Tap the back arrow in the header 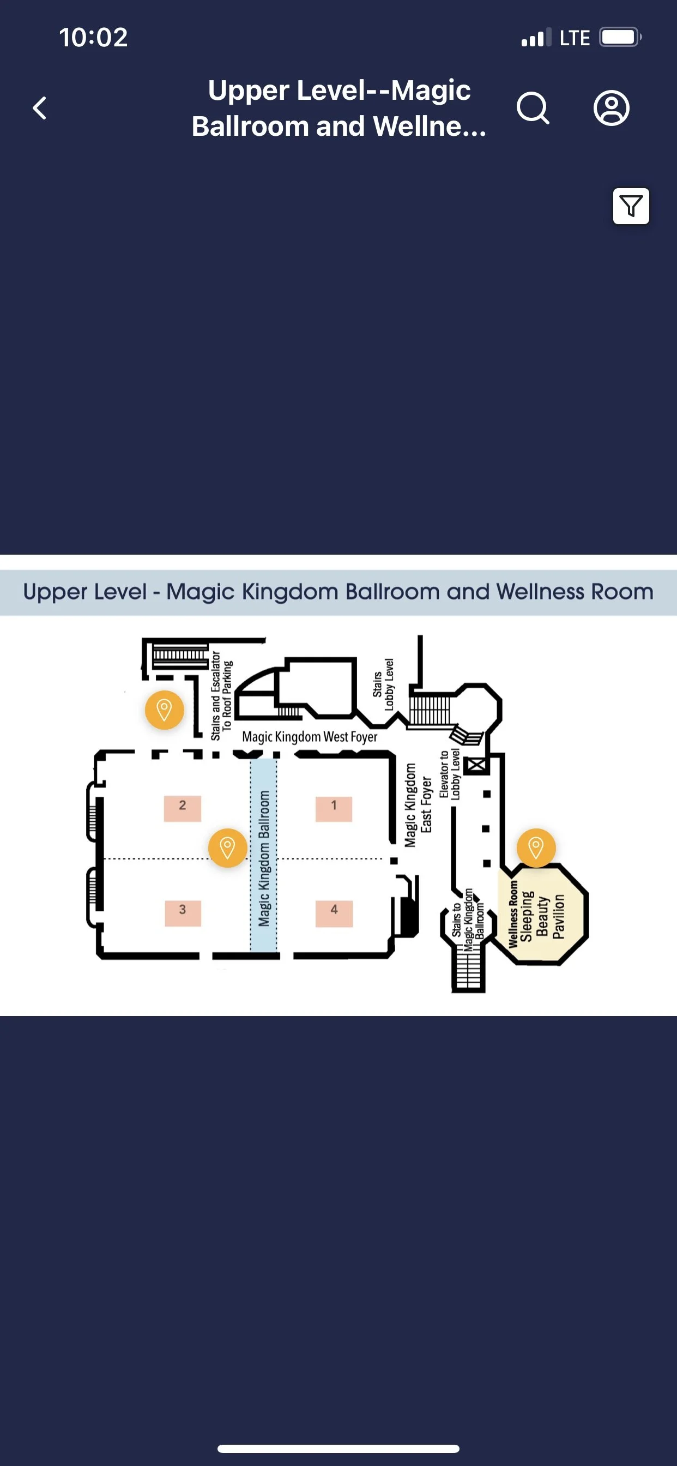(x=39, y=107)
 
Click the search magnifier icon (x=533, y=107)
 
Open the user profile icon (x=611, y=107)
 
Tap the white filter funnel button (x=630, y=206)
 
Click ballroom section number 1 (x=334, y=808)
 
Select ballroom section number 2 (x=182, y=808)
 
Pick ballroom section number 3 (x=182, y=912)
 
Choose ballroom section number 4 (x=334, y=912)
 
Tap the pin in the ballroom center (x=227, y=848)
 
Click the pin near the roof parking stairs (x=164, y=710)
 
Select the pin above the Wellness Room (x=535, y=848)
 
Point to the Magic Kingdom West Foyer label (x=310, y=736)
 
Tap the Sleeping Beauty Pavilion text (x=542, y=916)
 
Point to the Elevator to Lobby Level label (x=450, y=774)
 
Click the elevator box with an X (x=476, y=765)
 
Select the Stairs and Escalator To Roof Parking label (x=221, y=695)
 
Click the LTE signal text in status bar (x=575, y=38)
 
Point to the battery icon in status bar (x=620, y=38)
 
